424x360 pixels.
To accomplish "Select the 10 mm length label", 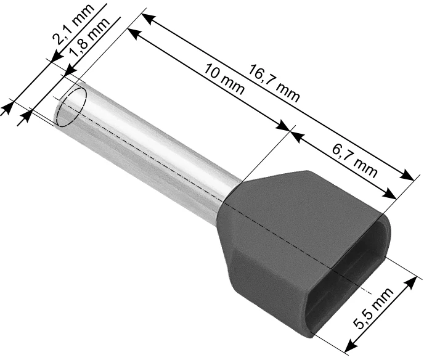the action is [x=224, y=78].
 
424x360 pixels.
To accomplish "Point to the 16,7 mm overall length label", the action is [x=274, y=83].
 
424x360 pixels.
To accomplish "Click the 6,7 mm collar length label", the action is [x=354, y=160].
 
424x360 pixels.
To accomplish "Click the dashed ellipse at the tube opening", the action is [x=71, y=107].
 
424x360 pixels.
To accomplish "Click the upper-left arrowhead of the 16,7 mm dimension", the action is [x=148, y=19].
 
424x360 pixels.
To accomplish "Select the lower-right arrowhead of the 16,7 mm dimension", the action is [x=406, y=174].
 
